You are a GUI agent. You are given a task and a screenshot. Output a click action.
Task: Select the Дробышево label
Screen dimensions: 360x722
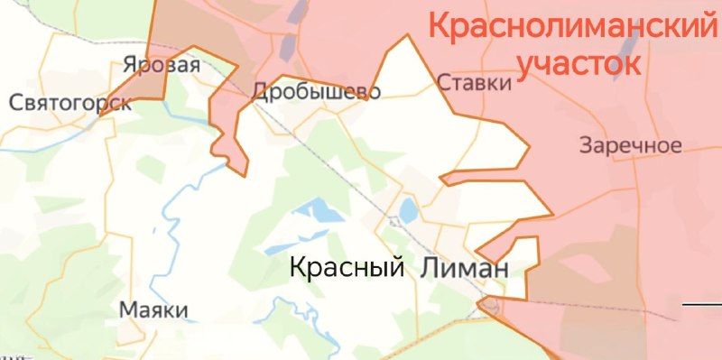pyautogui.click(x=317, y=91)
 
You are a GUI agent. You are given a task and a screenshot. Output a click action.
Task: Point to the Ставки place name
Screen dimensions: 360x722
pyautogui.click(x=475, y=83)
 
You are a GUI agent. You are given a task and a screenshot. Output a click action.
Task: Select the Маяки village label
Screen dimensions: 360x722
pyautogui.click(x=153, y=310)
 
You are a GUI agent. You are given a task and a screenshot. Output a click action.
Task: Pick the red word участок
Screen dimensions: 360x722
pyautogui.click(x=581, y=63)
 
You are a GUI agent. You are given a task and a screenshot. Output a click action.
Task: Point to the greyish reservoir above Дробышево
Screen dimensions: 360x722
pyautogui.click(x=288, y=45)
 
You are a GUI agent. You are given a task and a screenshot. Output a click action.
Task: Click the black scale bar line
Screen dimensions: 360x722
pyautogui.click(x=702, y=304)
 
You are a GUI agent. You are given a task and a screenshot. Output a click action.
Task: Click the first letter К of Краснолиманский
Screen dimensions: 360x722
pyautogui.click(x=440, y=24)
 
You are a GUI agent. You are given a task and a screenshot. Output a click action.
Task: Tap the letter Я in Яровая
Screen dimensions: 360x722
pyautogui.click(x=129, y=66)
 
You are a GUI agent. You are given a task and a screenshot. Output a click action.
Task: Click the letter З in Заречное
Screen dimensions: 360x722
pyautogui.click(x=588, y=144)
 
